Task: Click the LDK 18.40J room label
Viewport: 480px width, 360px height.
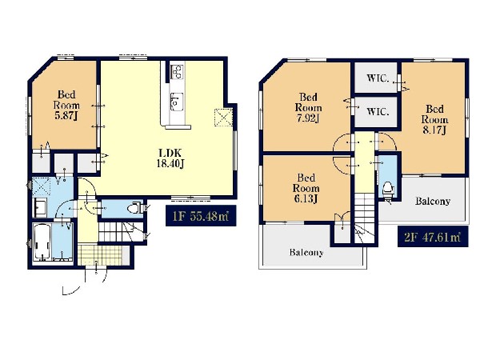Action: tap(170, 158)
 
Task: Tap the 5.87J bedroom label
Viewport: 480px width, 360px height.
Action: tap(66, 105)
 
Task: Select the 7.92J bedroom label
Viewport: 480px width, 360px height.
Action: tap(308, 107)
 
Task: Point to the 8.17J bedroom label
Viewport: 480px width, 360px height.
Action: tap(434, 119)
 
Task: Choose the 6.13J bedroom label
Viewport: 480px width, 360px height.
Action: tap(306, 188)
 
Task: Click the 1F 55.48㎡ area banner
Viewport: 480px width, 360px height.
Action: tap(201, 216)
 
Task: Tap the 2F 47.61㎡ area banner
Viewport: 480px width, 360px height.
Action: tap(433, 237)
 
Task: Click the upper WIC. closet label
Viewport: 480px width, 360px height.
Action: tap(378, 78)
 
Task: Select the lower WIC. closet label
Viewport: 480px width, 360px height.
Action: tap(378, 112)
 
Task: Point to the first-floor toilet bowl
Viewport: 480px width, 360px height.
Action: tap(134, 209)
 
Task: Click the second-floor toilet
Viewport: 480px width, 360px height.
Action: tap(388, 189)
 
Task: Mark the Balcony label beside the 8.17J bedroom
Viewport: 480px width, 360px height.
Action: tap(433, 201)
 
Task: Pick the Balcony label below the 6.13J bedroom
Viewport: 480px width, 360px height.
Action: tap(306, 253)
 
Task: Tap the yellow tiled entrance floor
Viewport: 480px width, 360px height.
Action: tap(100, 255)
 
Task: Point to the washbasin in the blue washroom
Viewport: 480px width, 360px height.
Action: tap(40, 208)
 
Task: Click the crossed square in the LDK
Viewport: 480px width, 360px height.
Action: tap(224, 118)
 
